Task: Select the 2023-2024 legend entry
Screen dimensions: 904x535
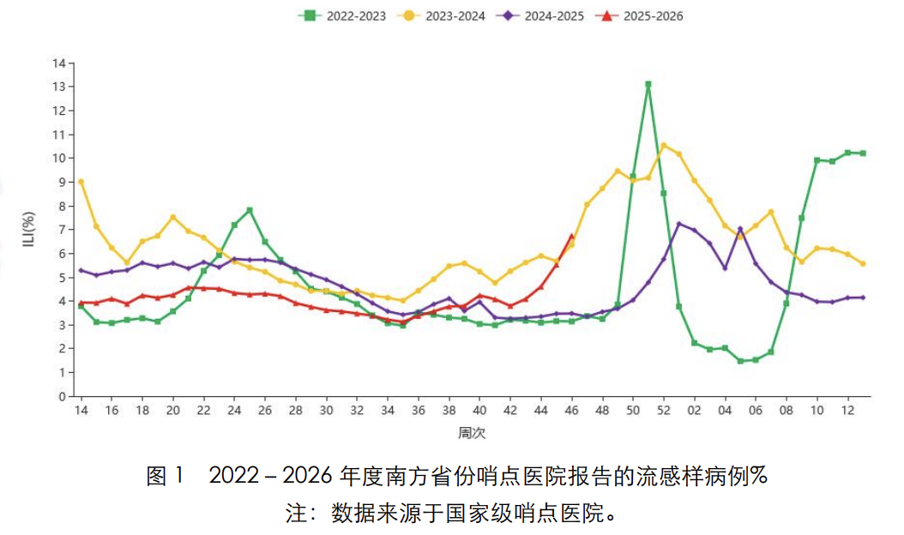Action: click(442, 15)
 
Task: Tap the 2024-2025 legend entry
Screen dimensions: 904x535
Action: click(541, 15)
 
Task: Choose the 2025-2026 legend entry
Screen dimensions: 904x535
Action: click(639, 15)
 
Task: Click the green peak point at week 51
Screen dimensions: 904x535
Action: click(648, 84)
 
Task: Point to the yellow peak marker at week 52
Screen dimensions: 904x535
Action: click(664, 146)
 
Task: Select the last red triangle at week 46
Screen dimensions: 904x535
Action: click(571, 237)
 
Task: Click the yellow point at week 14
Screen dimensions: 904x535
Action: click(81, 182)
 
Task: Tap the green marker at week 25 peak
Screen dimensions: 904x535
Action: click(250, 210)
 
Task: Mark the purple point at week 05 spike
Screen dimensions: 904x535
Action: click(740, 229)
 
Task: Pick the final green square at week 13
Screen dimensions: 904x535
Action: click(863, 153)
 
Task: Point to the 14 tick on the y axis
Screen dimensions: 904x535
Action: click(59, 63)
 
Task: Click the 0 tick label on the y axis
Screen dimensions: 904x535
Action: click(63, 397)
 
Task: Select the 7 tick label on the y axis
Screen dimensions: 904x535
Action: click(63, 230)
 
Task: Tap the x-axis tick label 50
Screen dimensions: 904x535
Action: click(633, 411)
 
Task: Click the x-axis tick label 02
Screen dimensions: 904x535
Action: click(694, 411)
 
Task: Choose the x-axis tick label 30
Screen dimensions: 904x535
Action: click(326, 411)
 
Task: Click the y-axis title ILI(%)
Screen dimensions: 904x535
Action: click(29, 230)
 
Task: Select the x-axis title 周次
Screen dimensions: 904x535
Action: click(472, 433)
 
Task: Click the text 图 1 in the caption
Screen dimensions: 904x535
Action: click(165, 476)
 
